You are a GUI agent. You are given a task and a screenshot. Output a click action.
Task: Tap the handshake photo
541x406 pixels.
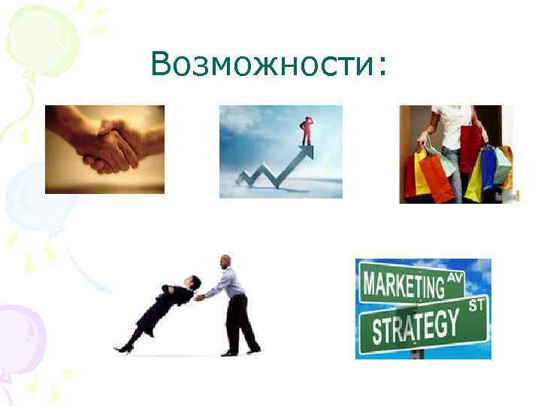[104, 149]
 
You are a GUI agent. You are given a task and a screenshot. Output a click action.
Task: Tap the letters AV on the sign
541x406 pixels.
[456, 277]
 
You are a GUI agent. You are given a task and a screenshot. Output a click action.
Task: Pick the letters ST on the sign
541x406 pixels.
[476, 305]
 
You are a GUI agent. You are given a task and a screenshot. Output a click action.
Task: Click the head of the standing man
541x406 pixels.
[225, 262]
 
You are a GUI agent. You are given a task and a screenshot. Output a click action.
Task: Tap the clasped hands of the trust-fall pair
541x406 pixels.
[201, 297]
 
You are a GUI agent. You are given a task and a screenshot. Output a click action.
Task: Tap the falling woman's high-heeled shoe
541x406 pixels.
[122, 348]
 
